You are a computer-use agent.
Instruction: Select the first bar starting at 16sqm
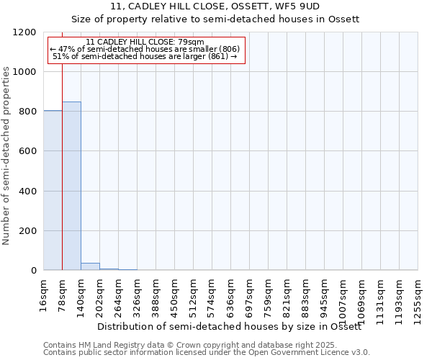[x=53, y=190]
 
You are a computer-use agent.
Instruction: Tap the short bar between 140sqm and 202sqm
[x=90, y=266]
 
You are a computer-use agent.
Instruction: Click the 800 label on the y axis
[x=26, y=112]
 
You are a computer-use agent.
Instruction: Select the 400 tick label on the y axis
[x=26, y=192]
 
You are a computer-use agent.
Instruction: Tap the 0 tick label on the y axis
[x=33, y=271]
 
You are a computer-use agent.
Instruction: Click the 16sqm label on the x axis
[x=44, y=295]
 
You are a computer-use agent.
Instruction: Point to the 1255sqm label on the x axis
[x=418, y=300]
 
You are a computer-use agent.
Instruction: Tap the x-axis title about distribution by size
[x=238, y=326]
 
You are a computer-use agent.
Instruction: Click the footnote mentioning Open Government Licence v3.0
[x=207, y=353]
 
